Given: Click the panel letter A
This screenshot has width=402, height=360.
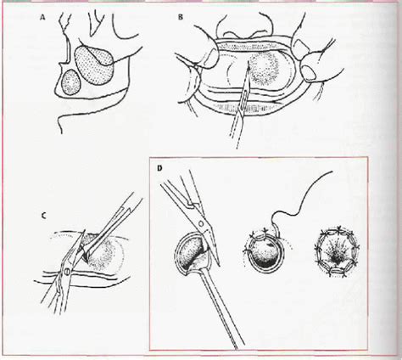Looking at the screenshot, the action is coord(42,18).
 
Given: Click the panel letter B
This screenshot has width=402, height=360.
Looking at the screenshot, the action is coord(181,17).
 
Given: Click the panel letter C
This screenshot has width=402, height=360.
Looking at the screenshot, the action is coord(43,216).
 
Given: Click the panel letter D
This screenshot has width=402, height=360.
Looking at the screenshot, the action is coord(159,168).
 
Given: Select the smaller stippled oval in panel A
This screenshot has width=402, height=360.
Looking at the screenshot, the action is coord(71,82).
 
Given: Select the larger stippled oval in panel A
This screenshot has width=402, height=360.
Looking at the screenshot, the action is coord(94,65).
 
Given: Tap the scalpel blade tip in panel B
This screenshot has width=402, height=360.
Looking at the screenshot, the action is coord(248,62).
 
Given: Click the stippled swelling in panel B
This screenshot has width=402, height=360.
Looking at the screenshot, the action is coord(263,69).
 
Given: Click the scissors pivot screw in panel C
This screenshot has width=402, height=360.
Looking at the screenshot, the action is coord(67,273).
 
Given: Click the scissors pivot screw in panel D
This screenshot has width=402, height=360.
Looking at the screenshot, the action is coord(201,224).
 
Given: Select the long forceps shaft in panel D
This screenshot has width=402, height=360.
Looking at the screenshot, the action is coord(221,308).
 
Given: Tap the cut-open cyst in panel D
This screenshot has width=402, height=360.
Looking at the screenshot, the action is coord(193,253).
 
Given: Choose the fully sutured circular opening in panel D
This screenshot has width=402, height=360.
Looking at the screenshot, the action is coord(337,250).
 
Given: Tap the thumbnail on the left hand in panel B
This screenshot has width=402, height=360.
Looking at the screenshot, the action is coord(209,59).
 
